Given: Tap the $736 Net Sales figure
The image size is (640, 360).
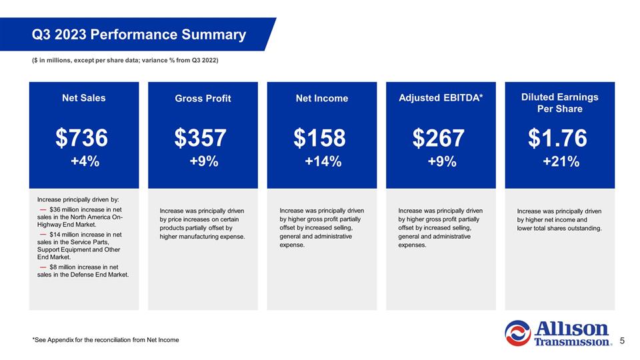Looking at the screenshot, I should click(x=81, y=138).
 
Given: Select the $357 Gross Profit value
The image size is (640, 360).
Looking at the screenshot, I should click(x=201, y=138).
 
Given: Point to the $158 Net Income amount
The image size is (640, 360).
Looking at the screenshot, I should click(x=320, y=138).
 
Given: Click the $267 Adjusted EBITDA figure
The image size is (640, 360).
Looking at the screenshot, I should click(x=439, y=138).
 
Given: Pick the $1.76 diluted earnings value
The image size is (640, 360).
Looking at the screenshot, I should click(x=558, y=138).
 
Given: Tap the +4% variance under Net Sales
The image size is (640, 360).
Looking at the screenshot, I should click(x=85, y=161).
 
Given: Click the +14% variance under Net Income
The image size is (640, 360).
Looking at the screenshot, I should click(x=323, y=161).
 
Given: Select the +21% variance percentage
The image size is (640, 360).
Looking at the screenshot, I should click(x=561, y=161).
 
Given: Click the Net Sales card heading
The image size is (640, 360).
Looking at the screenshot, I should click(x=83, y=98).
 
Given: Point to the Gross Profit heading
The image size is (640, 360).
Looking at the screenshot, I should click(x=203, y=99).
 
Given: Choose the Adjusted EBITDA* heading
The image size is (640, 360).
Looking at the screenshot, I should click(x=441, y=98).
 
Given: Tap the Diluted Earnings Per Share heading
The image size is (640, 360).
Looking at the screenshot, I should click(x=559, y=103).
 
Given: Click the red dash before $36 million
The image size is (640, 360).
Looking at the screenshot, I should click(x=43, y=211).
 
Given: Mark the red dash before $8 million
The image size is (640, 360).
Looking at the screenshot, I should click(x=43, y=267).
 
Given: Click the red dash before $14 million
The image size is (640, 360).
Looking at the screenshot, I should click(x=43, y=235).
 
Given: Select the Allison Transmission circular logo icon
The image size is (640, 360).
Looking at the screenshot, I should click(x=517, y=333).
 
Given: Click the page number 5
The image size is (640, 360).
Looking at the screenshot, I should click(x=622, y=341).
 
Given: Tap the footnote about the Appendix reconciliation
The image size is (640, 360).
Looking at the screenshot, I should click(x=105, y=341).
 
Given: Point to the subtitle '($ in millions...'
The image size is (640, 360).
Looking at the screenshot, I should click(x=125, y=61).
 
